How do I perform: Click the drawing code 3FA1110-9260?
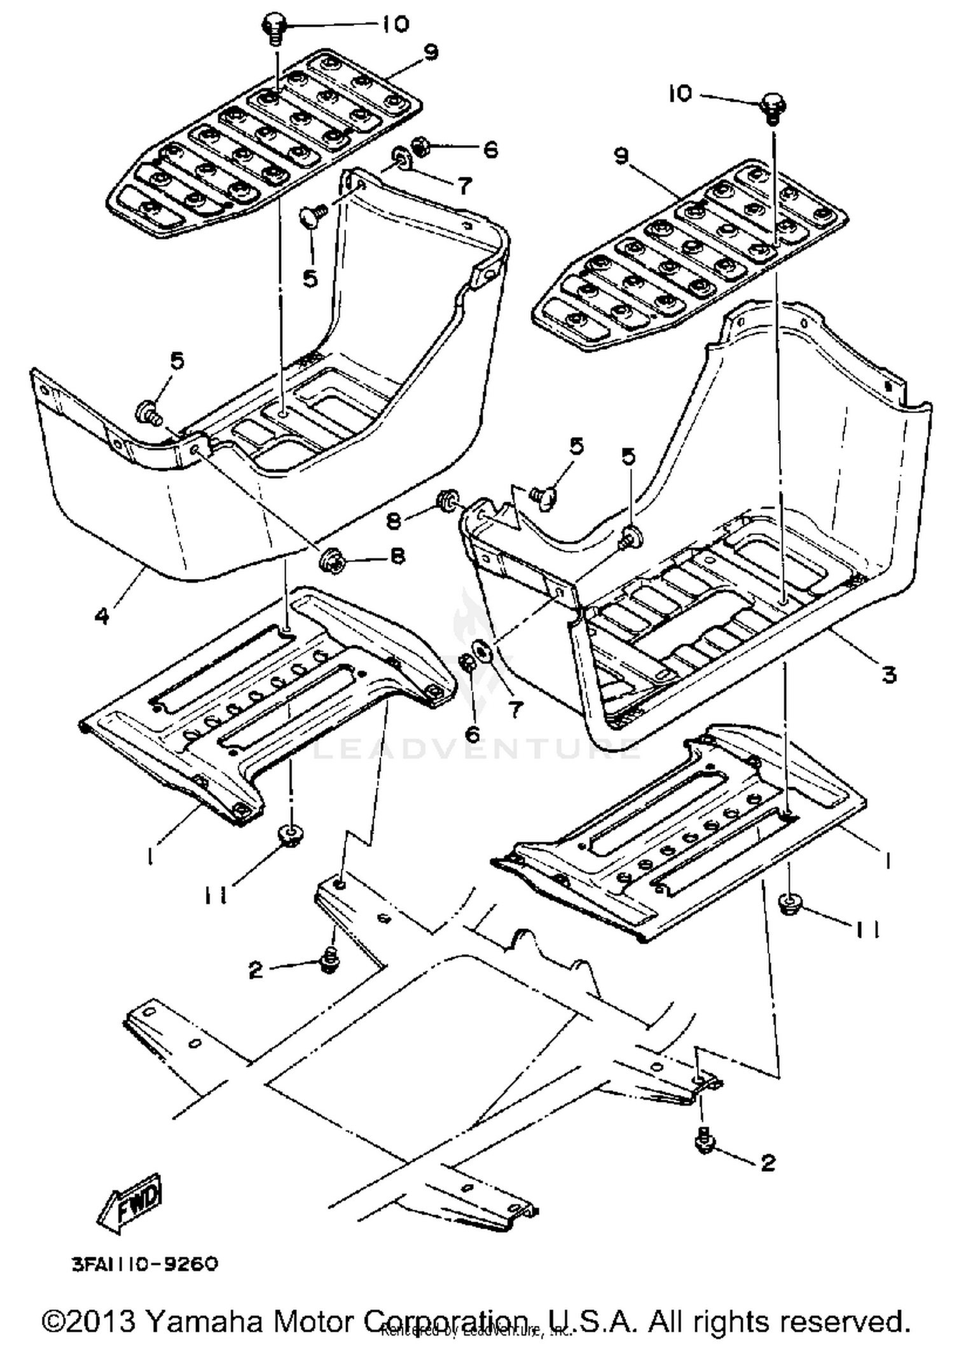coord(146,1264)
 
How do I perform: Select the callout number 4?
coord(102,615)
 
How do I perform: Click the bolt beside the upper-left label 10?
coord(274,28)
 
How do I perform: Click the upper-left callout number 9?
coord(431,52)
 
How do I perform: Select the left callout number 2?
coord(255,970)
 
